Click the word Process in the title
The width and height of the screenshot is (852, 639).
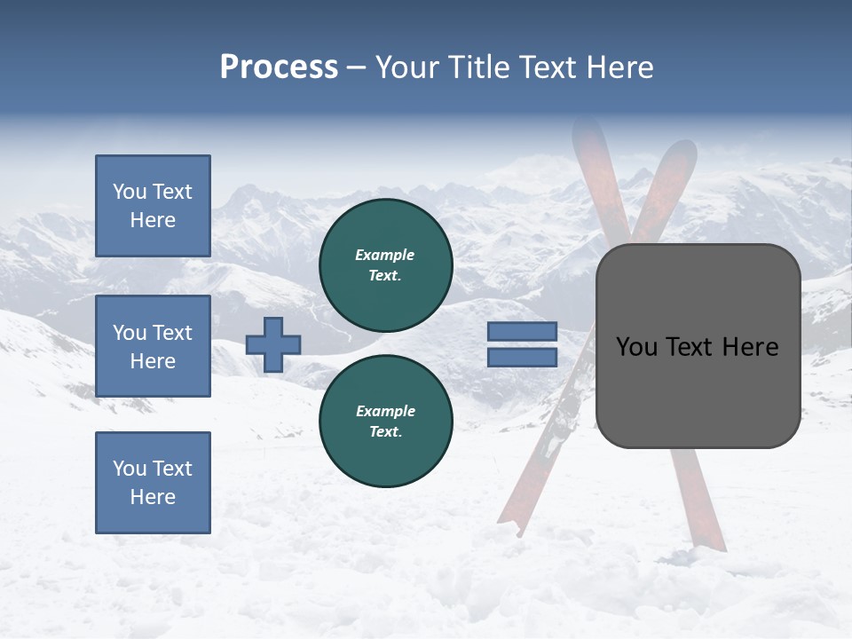tap(279, 67)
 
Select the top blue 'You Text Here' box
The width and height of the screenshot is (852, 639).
tap(153, 206)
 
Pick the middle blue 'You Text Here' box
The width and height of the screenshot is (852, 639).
tap(153, 346)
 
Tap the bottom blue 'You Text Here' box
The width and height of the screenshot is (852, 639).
tap(153, 483)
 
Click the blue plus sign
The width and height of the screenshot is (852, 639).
tap(273, 344)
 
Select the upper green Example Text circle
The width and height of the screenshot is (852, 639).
tap(386, 265)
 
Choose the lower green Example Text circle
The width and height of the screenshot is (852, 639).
tap(386, 422)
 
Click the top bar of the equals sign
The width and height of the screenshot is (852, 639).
tap(522, 331)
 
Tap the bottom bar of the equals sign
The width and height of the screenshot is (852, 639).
tap(522, 357)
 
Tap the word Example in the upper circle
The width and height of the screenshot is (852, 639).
tap(385, 256)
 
